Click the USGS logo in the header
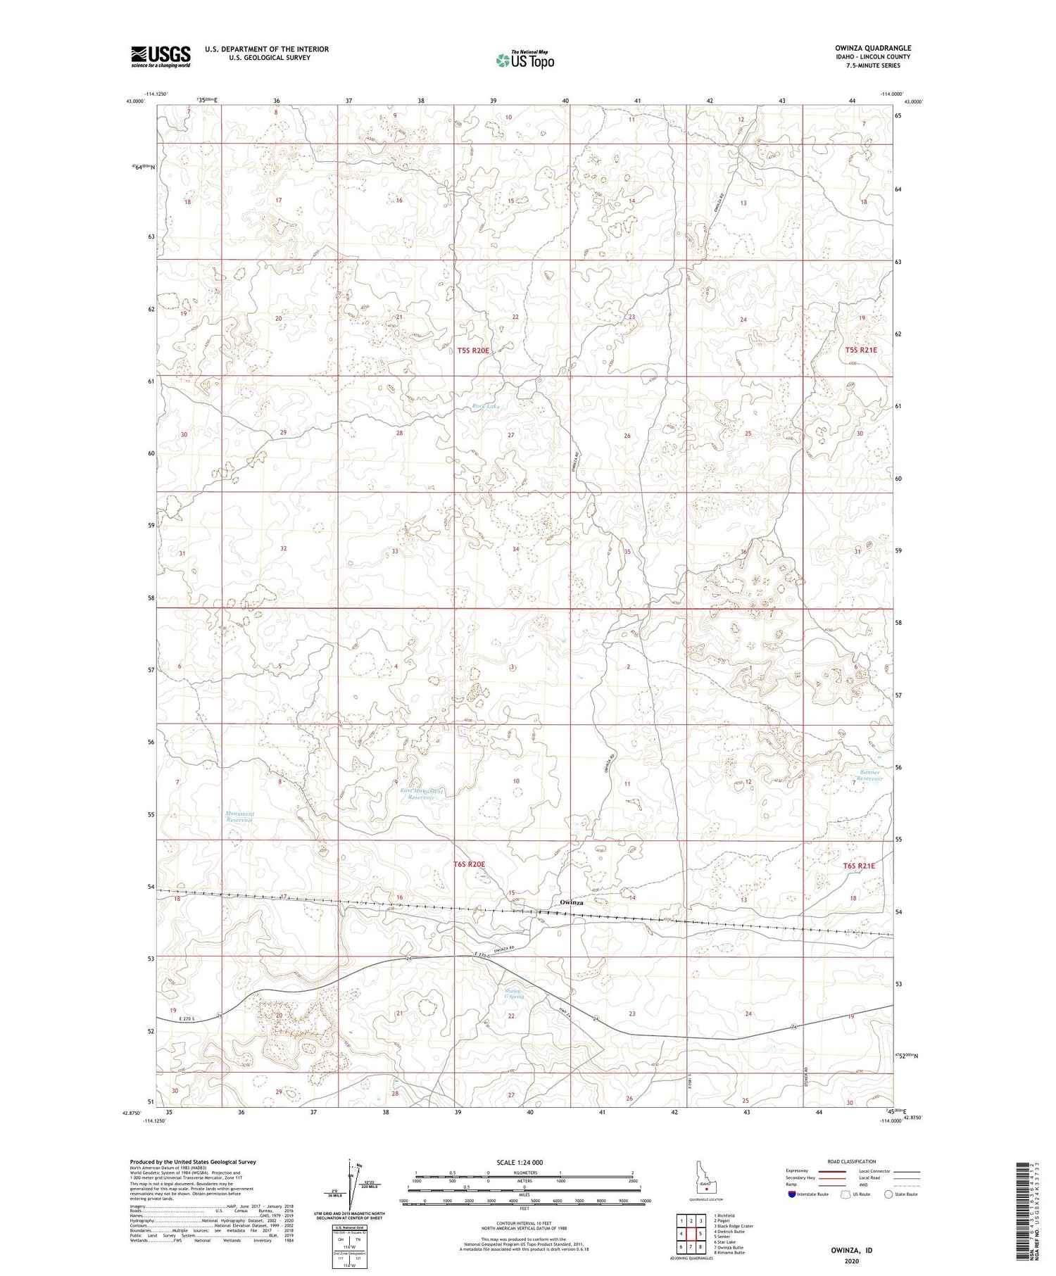click(161, 56)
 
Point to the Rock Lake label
click(486, 406)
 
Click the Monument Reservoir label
click(240, 817)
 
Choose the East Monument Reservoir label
click(422, 795)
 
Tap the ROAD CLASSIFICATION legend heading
click(852, 1161)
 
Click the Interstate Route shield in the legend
click(792, 1194)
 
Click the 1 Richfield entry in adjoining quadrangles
click(724, 1215)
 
